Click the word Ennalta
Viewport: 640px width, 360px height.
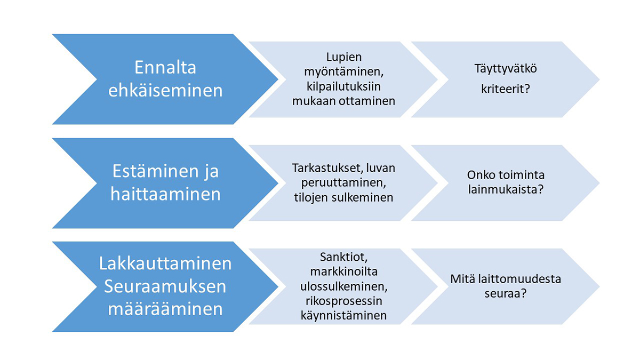click(165, 68)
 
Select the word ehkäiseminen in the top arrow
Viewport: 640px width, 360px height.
click(165, 90)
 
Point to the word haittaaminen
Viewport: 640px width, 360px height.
click(165, 194)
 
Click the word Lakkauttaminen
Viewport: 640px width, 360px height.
click(165, 264)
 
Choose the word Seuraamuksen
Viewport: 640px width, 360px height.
click(165, 286)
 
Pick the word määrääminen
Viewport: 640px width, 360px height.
click(165, 309)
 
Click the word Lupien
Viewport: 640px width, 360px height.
click(343, 57)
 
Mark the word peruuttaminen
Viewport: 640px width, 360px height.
click(343, 183)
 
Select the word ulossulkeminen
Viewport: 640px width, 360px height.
click(343, 286)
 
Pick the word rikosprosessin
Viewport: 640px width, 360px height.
click(343, 301)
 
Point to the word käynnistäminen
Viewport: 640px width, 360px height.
click(343, 316)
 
